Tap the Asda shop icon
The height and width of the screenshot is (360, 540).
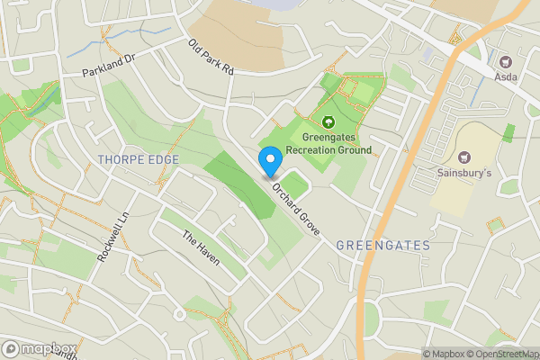point(505,63)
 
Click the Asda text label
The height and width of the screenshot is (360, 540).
point(505,78)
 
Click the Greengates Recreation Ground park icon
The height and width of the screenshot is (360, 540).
point(328,121)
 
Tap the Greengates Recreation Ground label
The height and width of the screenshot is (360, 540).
point(328,143)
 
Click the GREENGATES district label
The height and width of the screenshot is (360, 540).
point(382,245)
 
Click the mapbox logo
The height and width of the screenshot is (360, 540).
point(39,348)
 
